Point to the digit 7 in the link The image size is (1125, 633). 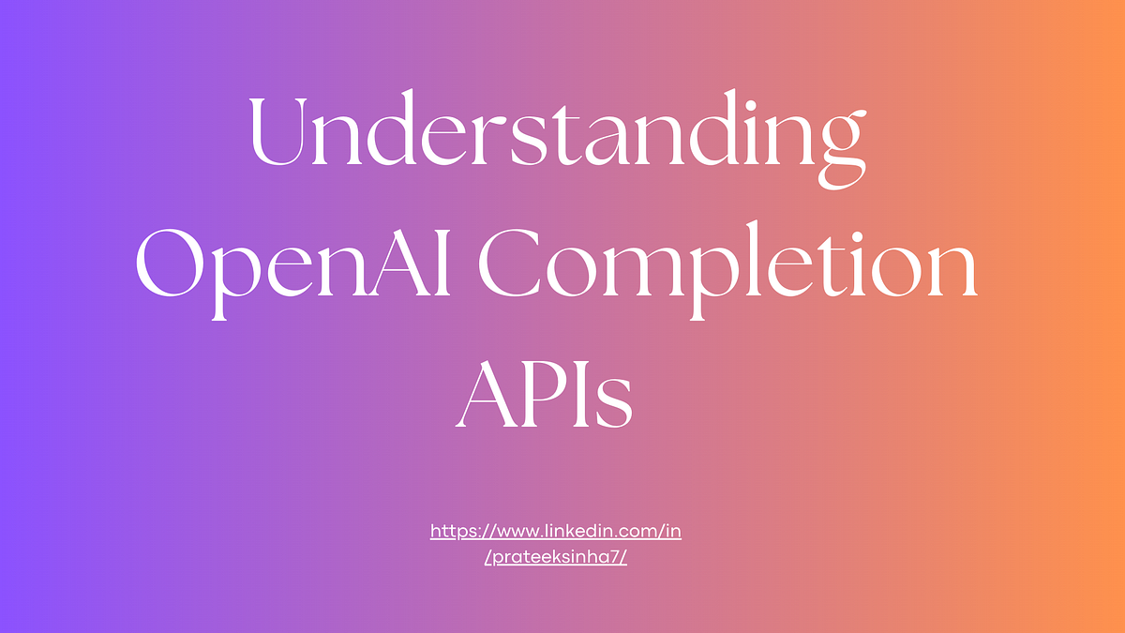[614, 556]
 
